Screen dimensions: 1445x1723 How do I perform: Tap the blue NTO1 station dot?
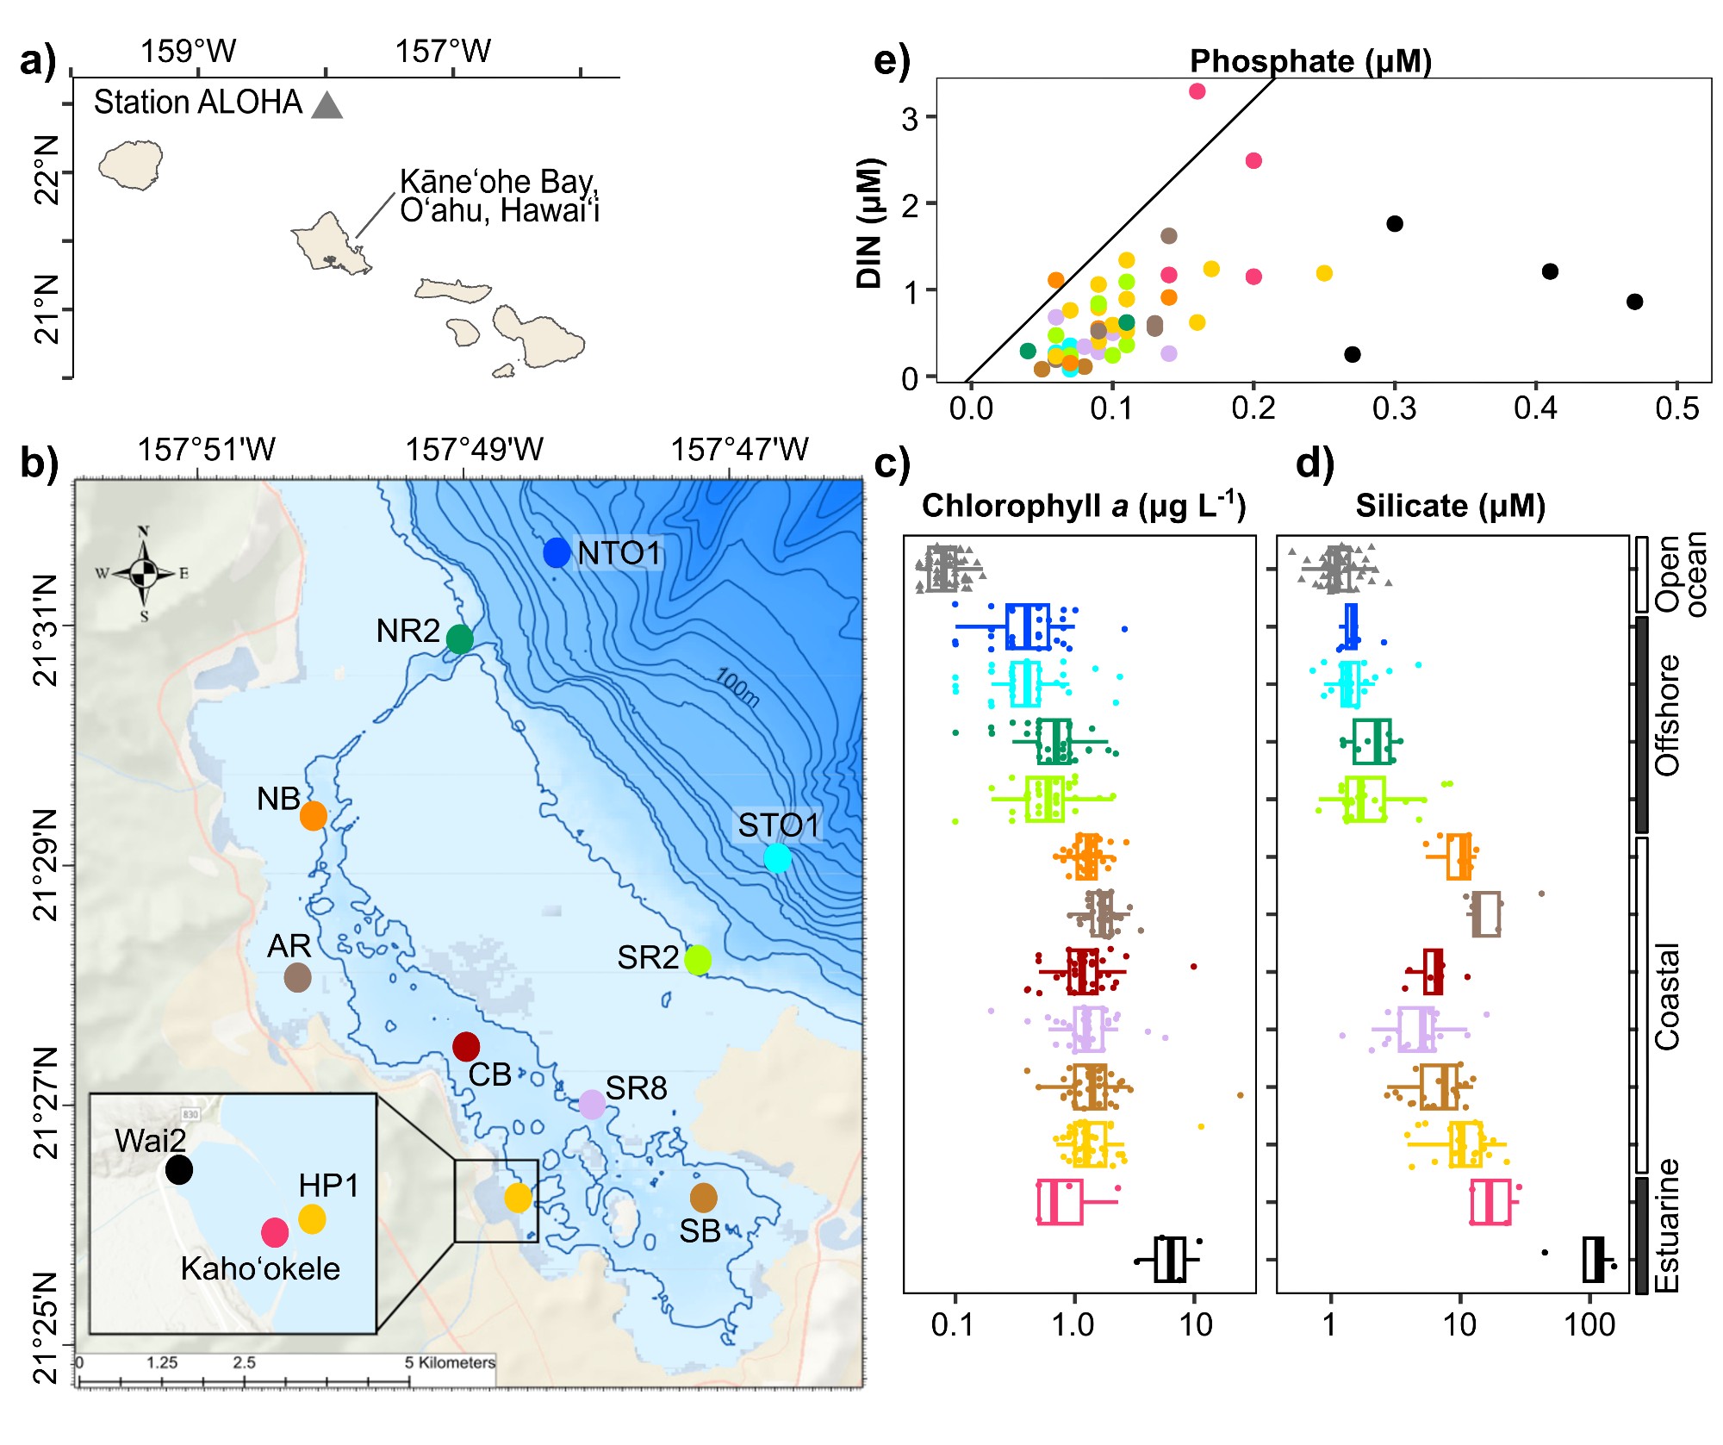(557, 552)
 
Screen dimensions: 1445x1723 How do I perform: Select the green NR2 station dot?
(460, 638)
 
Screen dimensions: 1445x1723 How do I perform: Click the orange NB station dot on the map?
(314, 815)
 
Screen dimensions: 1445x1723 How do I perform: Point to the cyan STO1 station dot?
(777, 857)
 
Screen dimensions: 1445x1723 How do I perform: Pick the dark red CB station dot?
(466, 1046)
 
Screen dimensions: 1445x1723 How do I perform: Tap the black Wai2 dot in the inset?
(179, 1169)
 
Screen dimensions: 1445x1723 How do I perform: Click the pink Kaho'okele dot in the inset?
(275, 1232)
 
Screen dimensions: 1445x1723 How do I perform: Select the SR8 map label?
(636, 1088)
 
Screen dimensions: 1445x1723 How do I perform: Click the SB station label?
(700, 1231)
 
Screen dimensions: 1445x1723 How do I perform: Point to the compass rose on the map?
(144, 572)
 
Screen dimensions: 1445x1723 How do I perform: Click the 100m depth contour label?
(737, 688)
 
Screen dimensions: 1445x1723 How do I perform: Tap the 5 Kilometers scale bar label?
(450, 1362)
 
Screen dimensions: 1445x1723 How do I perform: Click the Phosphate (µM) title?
(1310, 61)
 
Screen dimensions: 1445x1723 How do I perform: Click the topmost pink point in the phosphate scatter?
(1197, 91)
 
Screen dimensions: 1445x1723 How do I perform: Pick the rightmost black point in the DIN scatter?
(1634, 302)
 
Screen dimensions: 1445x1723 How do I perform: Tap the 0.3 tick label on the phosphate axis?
(1394, 408)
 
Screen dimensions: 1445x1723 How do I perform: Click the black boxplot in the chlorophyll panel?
(1170, 1259)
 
